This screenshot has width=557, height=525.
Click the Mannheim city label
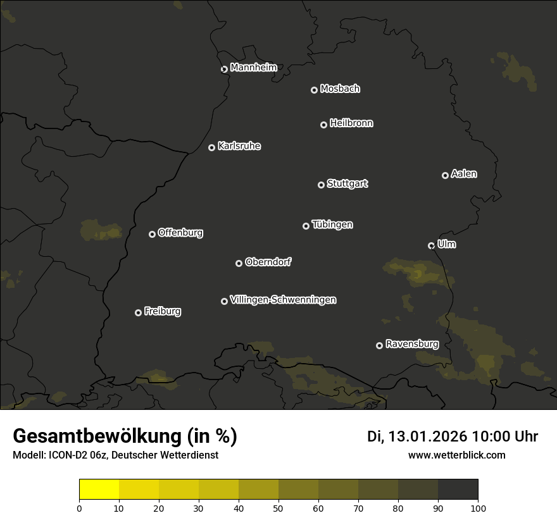click(x=253, y=68)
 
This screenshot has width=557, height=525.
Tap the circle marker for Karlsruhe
click(x=211, y=147)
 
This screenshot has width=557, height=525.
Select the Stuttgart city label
click(x=347, y=183)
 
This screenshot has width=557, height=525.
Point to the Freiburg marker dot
click(x=138, y=312)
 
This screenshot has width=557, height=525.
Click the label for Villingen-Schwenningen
click(x=283, y=300)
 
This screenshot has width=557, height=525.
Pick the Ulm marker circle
click(x=431, y=245)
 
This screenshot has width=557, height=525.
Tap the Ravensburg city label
click(x=411, y=344)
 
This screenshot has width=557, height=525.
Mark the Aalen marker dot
click(x=445, y=175)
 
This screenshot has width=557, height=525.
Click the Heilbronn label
click(x=351, y=123)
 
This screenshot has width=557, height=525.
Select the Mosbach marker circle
click(x=313, y=90)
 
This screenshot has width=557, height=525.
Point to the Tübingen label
click(x=332, y=225)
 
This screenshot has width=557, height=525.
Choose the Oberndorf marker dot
click(x=239, y=263)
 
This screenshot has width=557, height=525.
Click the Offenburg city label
click(x=180, y=233)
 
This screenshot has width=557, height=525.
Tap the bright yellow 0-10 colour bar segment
click(x=99, y=490)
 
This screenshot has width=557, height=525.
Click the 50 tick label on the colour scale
click(x=278, y=508)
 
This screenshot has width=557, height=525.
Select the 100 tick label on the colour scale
click(x=478, y=508)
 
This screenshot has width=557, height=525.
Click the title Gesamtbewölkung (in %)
click(x=125, y=436)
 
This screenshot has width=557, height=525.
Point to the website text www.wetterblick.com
click(x=457, y=455)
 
